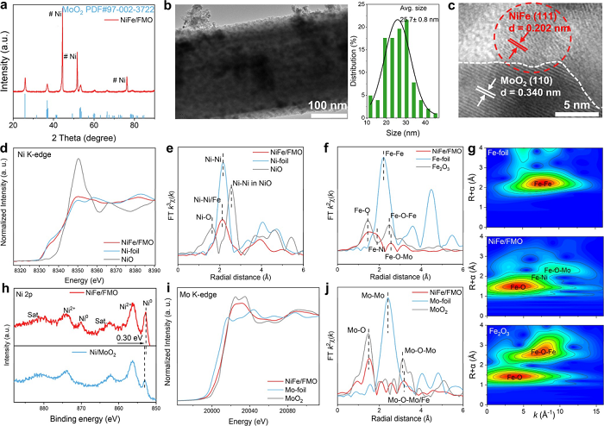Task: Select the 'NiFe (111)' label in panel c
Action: (539, 25)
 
